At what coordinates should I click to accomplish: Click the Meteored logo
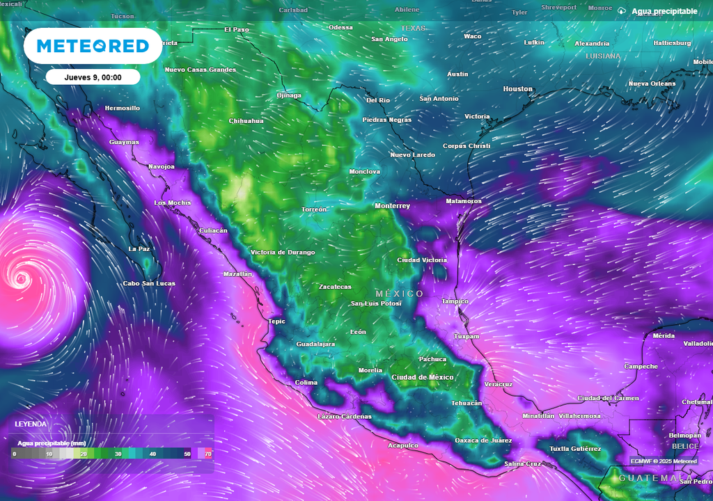[93, 46]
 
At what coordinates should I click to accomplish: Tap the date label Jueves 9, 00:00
[93, 77]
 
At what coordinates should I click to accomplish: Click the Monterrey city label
[392, 206]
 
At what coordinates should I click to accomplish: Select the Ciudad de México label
[423, 377]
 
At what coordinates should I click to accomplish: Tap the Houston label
[517, 89]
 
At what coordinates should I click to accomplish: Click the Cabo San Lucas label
[149, 283]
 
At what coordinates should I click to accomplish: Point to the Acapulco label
[403, 445]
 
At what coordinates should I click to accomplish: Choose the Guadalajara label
[315, 344]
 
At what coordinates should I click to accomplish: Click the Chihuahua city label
[246, 121]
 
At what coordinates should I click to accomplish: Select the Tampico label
[455, 301]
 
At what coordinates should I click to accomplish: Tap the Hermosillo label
[122, 109]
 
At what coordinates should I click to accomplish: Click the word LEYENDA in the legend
[31, 424]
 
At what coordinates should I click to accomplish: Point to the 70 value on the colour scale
[208, 454]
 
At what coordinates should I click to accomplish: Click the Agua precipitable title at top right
[664, 11]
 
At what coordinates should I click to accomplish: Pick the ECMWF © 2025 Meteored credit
[664, 461]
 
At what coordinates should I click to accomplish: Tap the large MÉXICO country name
[399, 294]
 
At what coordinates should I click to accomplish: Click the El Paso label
[236, 30]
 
